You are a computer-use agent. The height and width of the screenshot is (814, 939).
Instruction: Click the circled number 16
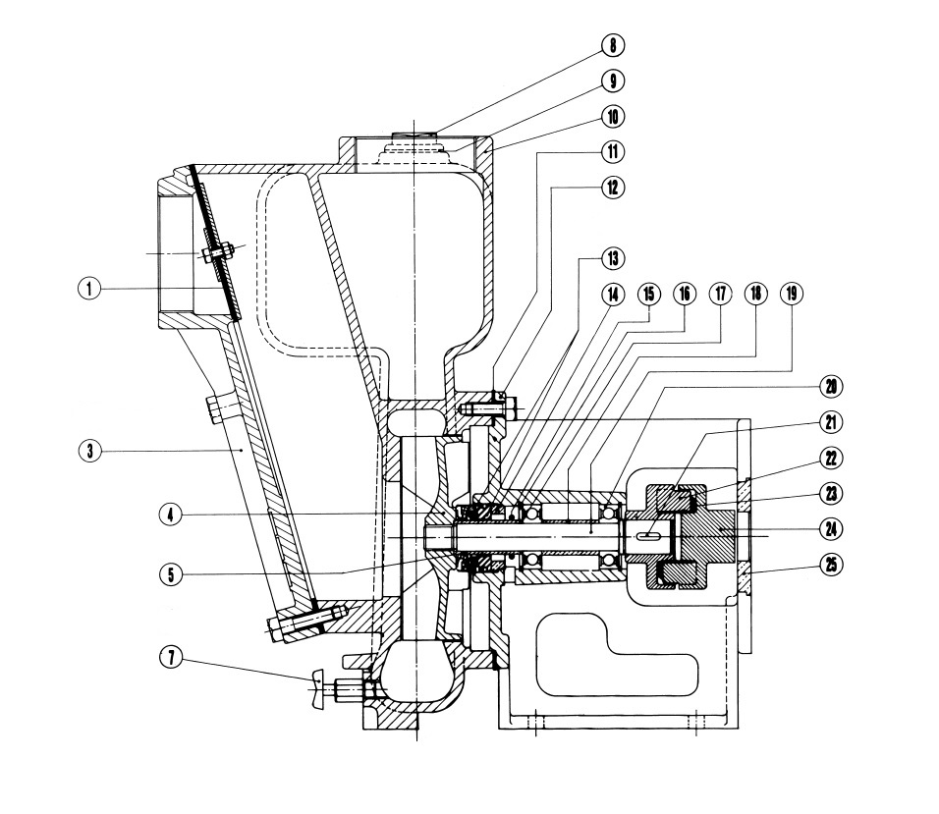(x=684, y=294)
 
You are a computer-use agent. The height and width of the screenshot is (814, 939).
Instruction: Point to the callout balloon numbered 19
(x=792, y=294)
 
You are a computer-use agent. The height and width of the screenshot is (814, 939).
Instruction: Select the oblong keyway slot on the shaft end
(x=648, y=536)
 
